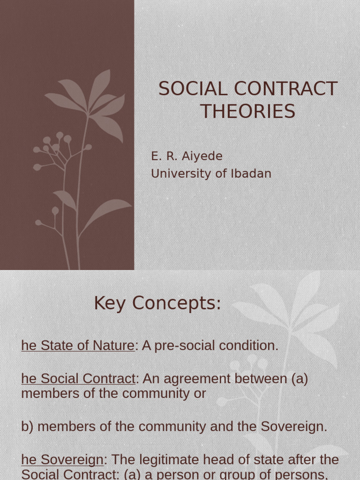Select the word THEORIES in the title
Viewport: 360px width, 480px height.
[x=248, y=112]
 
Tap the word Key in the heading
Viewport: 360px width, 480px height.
[x=110, y=303]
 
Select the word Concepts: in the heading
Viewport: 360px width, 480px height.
[x=177, y=303]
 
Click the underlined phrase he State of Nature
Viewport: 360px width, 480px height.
[x=78, y=346]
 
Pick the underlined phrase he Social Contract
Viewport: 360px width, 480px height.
[x=78, y=379]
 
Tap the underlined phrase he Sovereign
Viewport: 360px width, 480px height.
[x=62, y=460]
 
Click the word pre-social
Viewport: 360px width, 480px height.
[x=188, y=346]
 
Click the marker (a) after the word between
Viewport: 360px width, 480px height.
[x=299, y=379]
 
